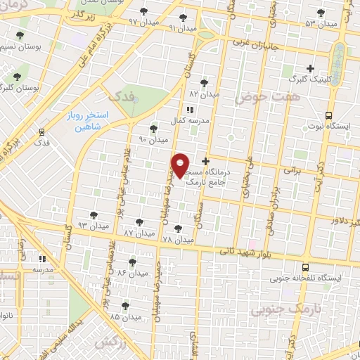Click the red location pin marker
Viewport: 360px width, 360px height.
tap(180, 165)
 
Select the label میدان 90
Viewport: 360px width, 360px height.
tap(153, 139)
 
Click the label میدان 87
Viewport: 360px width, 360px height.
tap(138, 231)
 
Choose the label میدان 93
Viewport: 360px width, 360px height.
tap(93, 226)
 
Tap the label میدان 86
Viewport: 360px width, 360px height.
tap(131, 271)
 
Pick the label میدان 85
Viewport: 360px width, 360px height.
tap(125, 316)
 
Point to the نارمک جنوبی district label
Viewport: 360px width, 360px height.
tap(281, 308)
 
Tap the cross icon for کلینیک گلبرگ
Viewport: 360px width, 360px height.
tap(311, 69)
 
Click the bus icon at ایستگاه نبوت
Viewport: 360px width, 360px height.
tap(328, 116)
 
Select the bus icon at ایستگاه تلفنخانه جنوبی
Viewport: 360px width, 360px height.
tap(305, 267)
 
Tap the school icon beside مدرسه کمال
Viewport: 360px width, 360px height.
tap(188, 110)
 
